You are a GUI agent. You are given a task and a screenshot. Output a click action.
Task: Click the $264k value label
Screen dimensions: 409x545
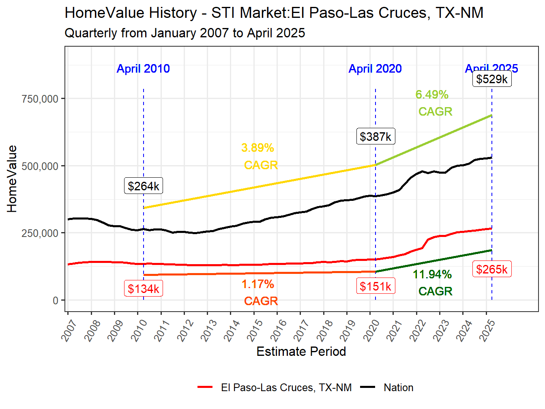[x=144, y=186]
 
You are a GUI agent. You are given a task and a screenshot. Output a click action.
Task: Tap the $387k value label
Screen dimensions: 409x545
[x=375, y=136]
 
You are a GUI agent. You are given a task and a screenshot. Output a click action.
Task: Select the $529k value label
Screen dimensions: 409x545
[x=492, y=79]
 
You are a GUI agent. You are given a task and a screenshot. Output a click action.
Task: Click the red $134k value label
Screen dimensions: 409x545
[x=144, y=288]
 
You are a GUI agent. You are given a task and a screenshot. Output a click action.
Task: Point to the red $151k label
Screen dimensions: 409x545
[x=375, y=286]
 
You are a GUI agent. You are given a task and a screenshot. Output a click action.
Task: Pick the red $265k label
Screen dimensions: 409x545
[x=492, y=269]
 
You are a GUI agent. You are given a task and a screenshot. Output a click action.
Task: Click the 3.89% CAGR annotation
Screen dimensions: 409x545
[x=260, y=156]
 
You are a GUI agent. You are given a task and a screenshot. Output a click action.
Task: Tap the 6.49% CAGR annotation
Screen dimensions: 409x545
[x=433, y=103]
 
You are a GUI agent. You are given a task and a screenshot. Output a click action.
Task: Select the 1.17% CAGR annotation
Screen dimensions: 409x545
[x=260, y=293]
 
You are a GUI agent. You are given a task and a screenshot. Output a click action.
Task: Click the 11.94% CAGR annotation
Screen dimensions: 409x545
[x=433, y=283]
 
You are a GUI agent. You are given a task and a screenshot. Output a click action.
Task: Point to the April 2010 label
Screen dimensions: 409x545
[x=143, y=69]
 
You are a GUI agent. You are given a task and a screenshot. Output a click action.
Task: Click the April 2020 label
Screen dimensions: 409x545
[x=375, y=69]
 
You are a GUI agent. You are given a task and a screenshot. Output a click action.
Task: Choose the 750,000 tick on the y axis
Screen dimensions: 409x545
[x=40, y=99]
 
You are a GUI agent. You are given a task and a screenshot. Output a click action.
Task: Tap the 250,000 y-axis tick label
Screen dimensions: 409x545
[x=40, y=233]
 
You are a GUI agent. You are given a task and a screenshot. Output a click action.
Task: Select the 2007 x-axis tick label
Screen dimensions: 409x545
[x=69, y=330]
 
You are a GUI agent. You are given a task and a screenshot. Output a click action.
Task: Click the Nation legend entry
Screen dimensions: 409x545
[x=398, y=387]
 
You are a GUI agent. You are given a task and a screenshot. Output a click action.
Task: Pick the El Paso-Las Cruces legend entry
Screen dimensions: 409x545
[x=286, y=387]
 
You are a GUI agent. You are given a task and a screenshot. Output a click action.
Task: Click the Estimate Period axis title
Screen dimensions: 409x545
[x=301, y=351]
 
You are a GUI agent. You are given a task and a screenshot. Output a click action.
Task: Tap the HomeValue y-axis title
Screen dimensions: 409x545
[x=12, y=179]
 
